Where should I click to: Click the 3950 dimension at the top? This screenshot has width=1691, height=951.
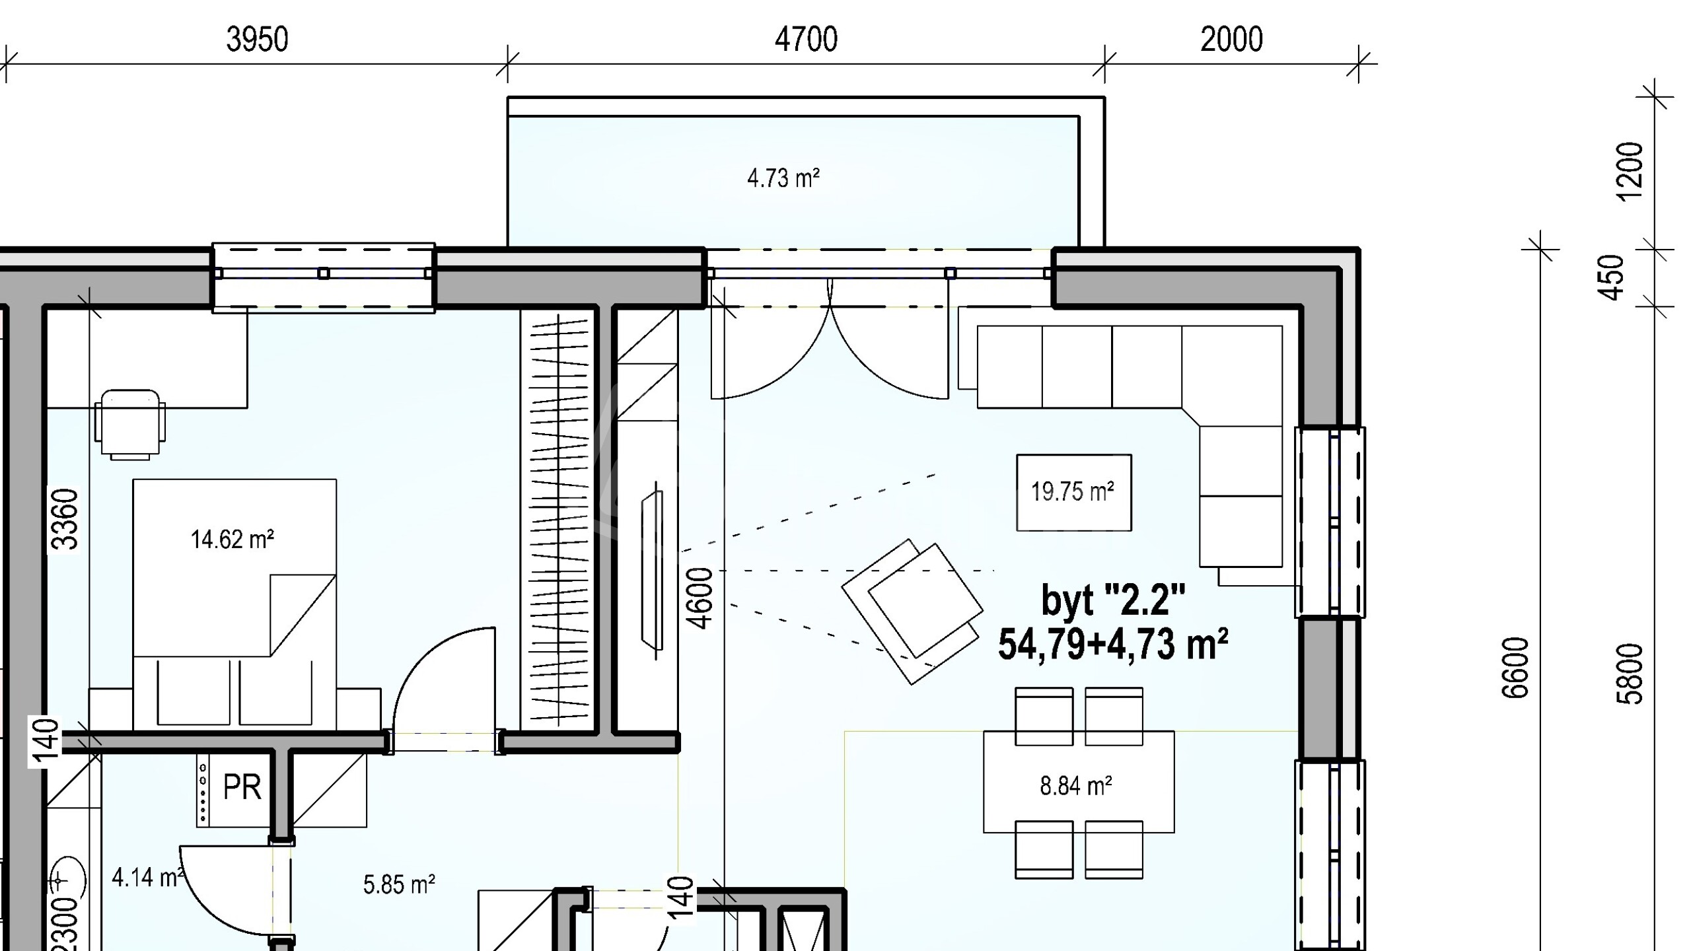click(257, 40)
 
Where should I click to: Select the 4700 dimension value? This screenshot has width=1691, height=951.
click(806, 40)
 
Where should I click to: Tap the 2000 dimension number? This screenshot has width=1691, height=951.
click(1231, 40)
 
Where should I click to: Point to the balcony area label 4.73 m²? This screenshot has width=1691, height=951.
click(783, 178)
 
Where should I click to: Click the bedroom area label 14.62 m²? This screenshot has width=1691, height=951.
click(232, 540)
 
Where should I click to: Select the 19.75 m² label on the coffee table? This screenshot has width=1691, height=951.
click(1073, 491)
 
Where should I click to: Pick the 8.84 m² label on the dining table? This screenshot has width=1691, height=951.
click(1076, 786)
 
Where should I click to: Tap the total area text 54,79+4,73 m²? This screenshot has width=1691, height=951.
click(1113, 645)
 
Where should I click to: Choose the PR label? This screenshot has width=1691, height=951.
click(242, 787)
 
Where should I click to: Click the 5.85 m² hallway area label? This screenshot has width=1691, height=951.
click(399, 885)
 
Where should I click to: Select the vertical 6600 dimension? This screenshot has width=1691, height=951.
click(1515, 668)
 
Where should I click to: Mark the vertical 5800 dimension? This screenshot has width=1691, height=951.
click(1630, 674)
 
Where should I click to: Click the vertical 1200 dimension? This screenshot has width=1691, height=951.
click(1630, 170)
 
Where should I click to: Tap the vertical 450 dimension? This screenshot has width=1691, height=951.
click(1612, 277)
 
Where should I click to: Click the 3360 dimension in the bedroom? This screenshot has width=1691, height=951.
click(65, 519)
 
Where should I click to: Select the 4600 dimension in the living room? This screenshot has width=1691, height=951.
click(700, 598)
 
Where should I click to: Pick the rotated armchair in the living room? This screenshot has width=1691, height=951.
click(912, 612)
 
